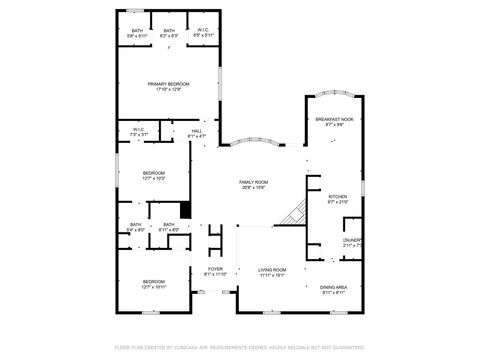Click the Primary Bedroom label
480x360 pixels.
coord(168,86)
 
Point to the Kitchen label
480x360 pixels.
coord(338,199)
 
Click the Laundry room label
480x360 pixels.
coord(352,242)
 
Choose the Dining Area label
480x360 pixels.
coord(333,289)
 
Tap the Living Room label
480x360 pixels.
coord(272,272)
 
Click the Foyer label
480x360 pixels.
coord(215,271)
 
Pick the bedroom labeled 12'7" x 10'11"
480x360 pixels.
coord(152,284)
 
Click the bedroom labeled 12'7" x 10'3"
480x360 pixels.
coord(152,176)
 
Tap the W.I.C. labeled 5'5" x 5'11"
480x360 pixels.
coord(203,33)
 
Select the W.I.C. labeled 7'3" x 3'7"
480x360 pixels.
coord(139,131)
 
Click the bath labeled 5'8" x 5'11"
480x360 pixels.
coord(137,33)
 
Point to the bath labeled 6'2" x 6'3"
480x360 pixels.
coord(169,33)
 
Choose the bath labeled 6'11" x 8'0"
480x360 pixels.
coord(169,227)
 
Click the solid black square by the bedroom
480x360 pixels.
coord(185,211)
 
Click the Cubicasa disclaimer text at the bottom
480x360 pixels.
coord(240,347)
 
